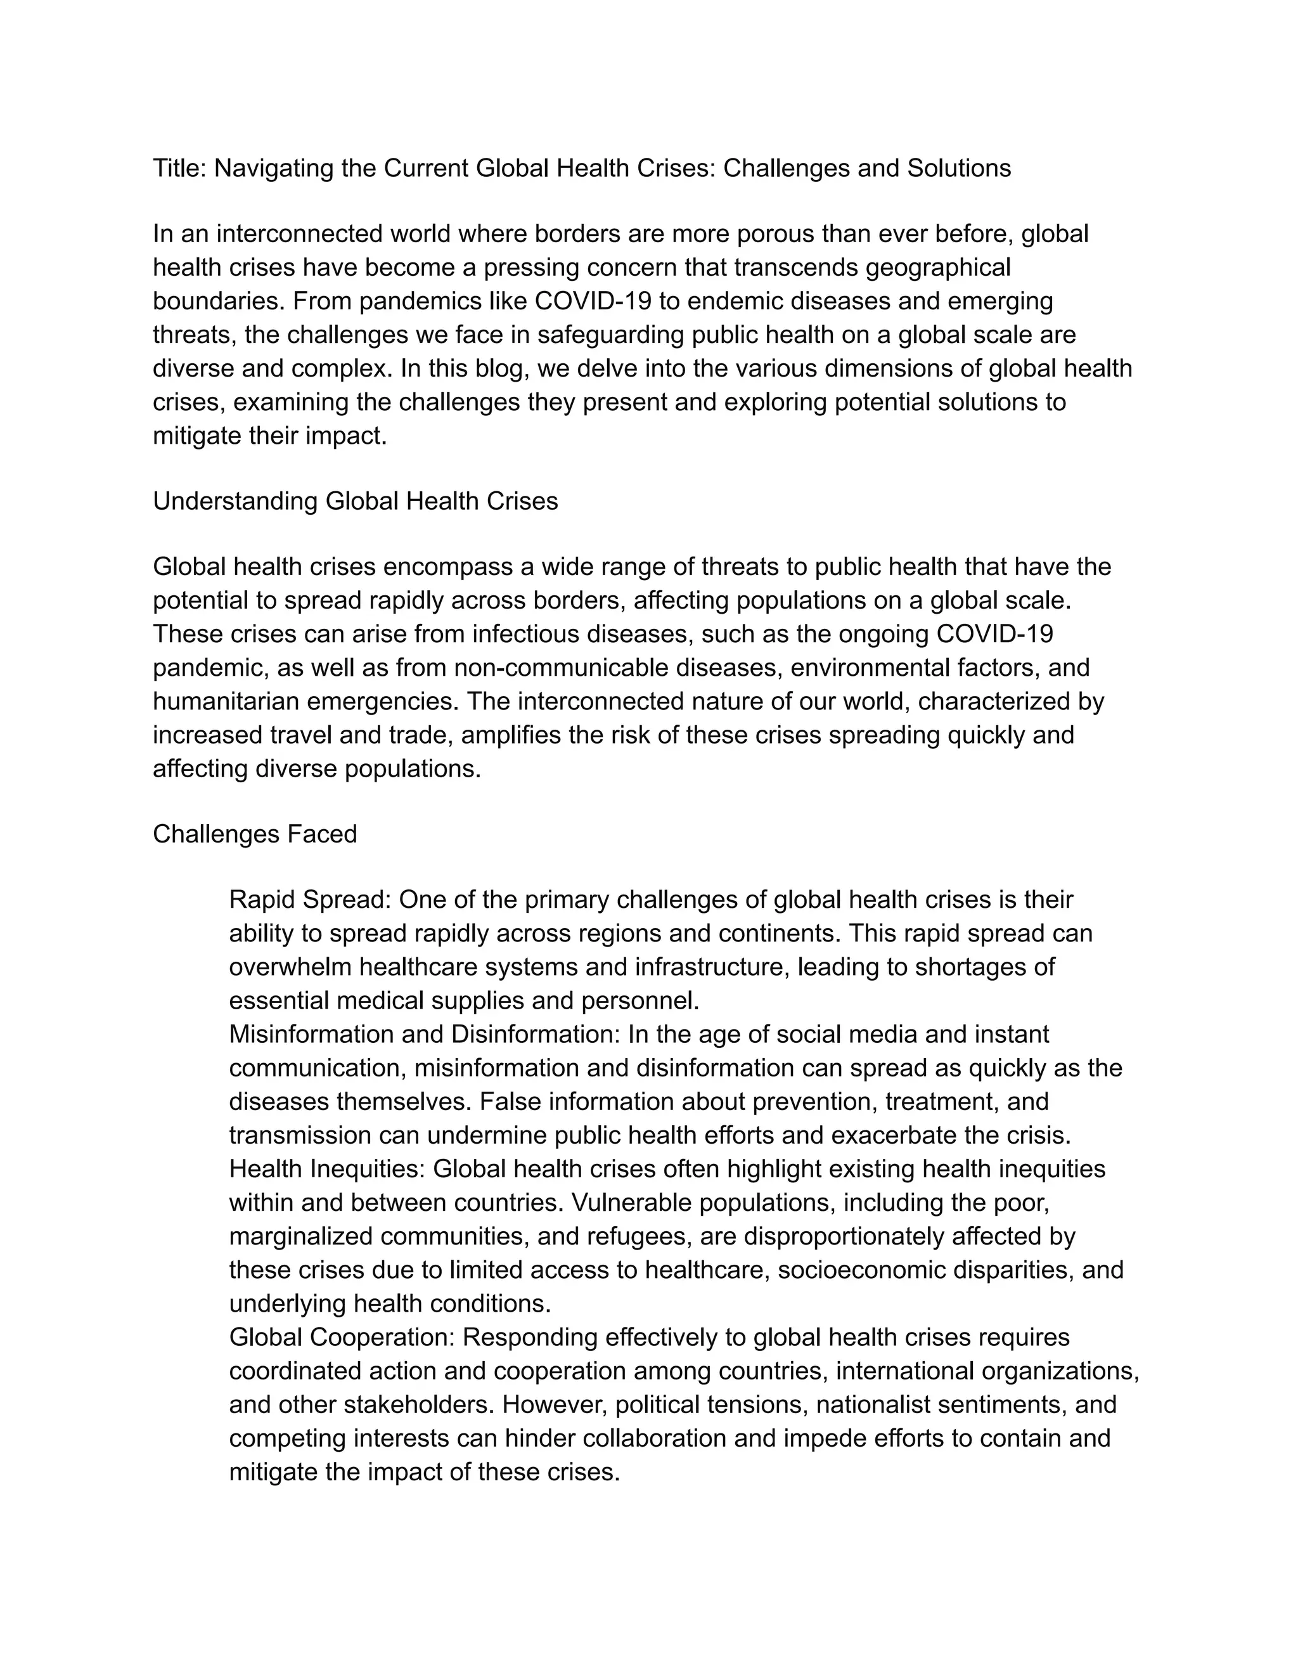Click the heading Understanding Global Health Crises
click(356, 501)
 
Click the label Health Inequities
click(325, 1169)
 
